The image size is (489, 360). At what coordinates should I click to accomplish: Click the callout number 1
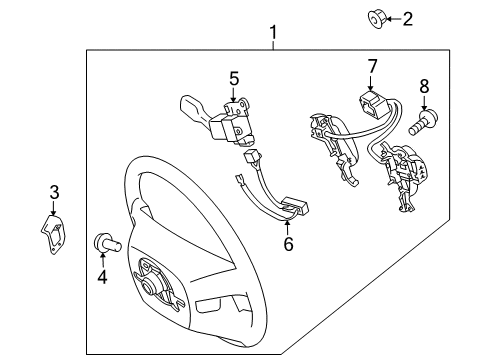(x=273, y=33)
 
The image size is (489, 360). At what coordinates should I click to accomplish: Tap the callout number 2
(x=408, y=19)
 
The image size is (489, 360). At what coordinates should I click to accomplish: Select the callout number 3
(x=54, y=192)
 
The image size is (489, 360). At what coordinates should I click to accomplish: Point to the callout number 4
(x=102, y=277)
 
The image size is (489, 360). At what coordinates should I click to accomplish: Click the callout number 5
(x=234, y=79)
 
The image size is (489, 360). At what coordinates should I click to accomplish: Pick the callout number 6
(x=288, y=244)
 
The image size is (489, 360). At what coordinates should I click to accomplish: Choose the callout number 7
(x=372, y=66)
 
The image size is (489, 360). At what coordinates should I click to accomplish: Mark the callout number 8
(x=424, y=86)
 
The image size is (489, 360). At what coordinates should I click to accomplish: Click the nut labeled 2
(x=377, y=19)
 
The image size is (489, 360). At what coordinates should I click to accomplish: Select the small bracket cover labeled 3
(x=53, y=234)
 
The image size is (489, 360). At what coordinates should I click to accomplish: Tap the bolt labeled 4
(x=107, y=244)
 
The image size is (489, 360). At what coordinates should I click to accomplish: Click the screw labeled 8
(x=423, y=123)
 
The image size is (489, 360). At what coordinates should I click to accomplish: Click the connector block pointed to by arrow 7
(x=372, y=103)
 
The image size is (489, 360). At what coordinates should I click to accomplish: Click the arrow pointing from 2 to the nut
(x=394, y=19)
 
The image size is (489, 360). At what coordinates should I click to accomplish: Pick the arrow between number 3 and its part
(x=53, y=208)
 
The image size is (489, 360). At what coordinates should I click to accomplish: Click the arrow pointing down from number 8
(x=424, y=103)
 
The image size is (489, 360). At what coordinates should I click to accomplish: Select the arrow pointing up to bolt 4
(x=103, y=260)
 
